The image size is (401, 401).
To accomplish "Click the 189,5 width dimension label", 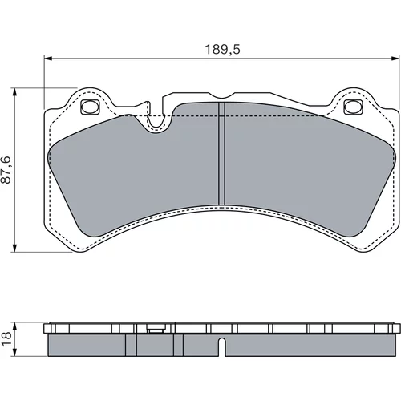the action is point(222,50).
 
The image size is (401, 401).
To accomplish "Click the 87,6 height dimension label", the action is point(6,170).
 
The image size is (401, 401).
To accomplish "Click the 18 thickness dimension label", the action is point(6,339).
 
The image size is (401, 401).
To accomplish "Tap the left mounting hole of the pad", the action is point(90,107).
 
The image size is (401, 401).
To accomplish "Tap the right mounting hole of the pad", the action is point(353,107).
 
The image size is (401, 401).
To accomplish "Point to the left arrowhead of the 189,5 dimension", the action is point(48,58).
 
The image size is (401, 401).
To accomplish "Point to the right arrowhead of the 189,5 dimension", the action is point(395,58).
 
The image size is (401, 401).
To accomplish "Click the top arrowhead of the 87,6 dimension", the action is point(15,91).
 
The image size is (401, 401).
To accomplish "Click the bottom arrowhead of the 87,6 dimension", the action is point(15,248).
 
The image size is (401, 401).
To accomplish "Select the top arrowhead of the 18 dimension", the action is point(15,326).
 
